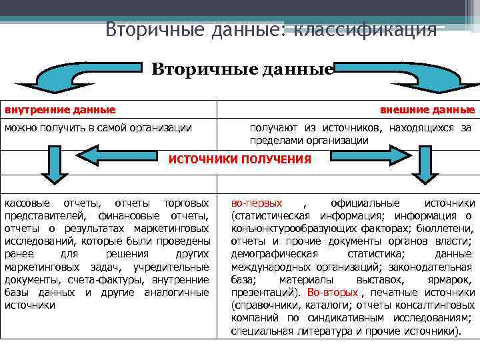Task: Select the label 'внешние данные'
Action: [x=427, y=109]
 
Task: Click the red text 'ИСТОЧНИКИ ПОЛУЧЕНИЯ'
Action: [x=240, y=159]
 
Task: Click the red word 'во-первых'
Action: [x=257, y=203]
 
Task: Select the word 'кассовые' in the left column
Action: [x=26, y=203]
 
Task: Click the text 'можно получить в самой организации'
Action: [x=98, y=127]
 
